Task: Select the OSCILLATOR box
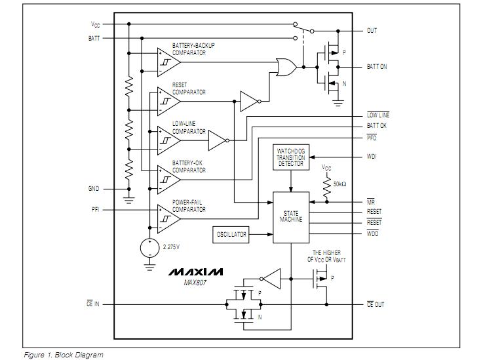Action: [232, 234]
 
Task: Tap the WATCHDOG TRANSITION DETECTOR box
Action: [291, 157]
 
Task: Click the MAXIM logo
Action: [195, 271]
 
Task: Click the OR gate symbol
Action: [286, 67]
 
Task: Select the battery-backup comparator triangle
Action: [168, 62]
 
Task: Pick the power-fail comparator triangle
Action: [168, 218]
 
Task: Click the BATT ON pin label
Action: [376, 67]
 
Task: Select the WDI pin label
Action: [372, 157]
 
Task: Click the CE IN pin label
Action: [92, 305]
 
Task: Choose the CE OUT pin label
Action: [375, 305]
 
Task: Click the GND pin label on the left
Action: [94, 189]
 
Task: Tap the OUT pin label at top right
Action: [372, 31]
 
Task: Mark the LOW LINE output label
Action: [378, 115]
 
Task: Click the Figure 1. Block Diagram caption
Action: [63, 355]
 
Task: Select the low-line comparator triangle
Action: [168, 140]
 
